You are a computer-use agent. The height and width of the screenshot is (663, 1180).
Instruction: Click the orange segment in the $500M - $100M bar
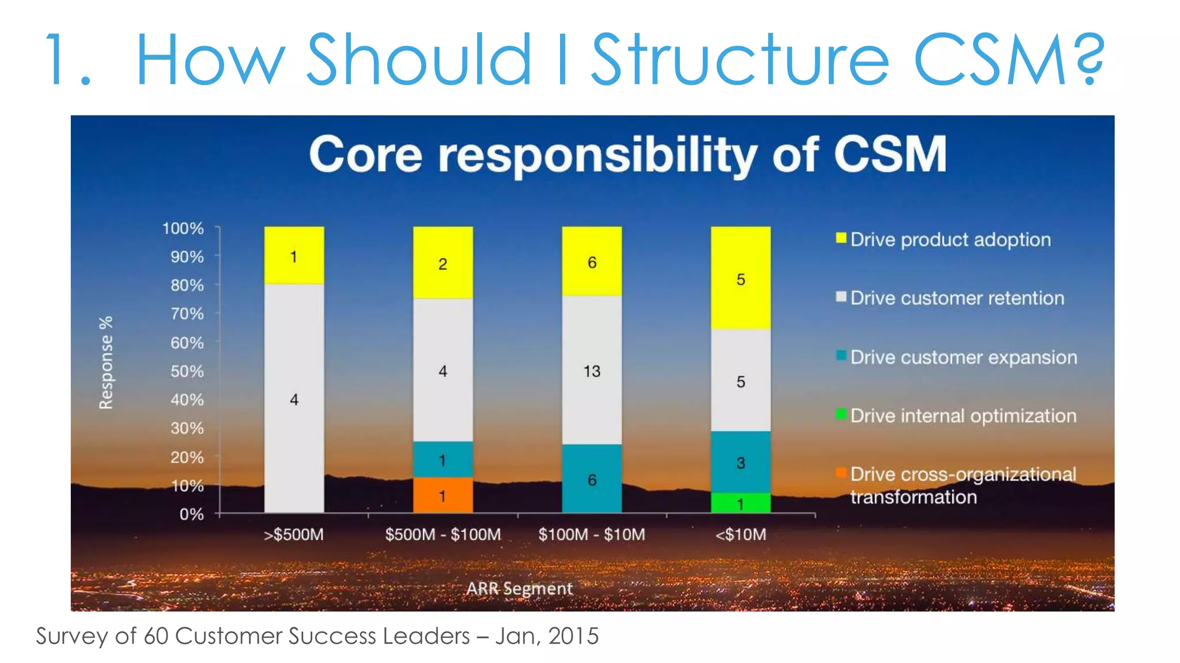click(x=442, y=495)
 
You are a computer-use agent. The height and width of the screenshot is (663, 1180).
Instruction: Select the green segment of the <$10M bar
click(x=740, y=503)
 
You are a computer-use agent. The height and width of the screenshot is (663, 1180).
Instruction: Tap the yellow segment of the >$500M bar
click(x=294, y=256)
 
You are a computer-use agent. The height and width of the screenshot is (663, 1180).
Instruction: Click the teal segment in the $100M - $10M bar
click(x=592, y=478)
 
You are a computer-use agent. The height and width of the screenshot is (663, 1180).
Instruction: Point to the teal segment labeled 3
click(x=740, y=462)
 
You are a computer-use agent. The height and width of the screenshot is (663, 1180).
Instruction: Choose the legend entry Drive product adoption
click(x=950, y=239)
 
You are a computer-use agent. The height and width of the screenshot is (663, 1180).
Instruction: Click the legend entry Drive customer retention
click(x=956, y=298)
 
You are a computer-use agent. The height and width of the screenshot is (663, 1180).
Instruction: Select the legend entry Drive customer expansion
click(x=963, y=357)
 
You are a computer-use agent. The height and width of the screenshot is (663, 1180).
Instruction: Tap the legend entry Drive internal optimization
click(x=963, y=416)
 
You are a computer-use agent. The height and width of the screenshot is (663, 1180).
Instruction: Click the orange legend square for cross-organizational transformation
click(x=841, y=473)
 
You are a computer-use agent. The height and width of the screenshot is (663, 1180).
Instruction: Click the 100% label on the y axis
click(x=183, y=228)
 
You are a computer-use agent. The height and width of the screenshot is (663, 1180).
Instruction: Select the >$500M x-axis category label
click(x=294, y=535)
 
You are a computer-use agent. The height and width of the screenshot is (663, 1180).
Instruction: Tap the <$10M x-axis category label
click(x=740, y=535)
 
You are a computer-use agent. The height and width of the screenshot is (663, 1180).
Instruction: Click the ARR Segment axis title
click(x=519, y=588)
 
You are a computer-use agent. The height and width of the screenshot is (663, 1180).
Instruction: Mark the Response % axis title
click(x=106, y=363)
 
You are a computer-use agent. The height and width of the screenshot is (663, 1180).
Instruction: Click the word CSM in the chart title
click(x=890, y=154)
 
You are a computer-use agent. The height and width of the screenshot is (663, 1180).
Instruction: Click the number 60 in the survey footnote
click(x=155, y=636)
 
